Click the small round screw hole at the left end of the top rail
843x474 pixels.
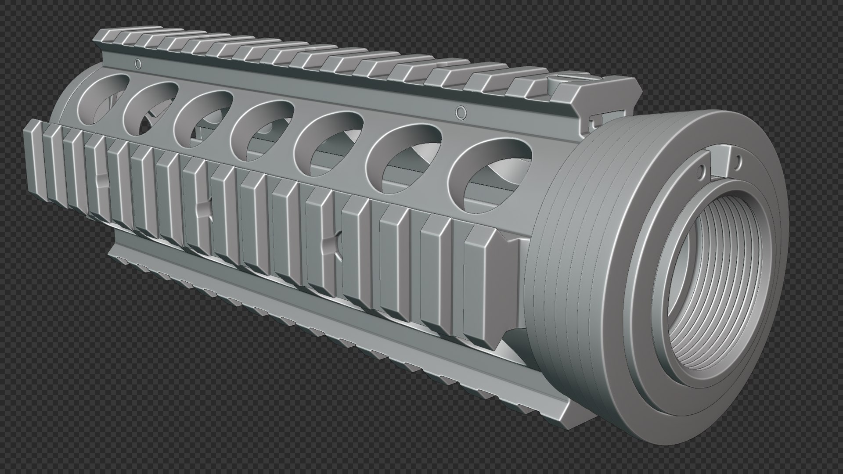pyautogui.click(x=138, y=64)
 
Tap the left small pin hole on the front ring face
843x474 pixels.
pyautogui.click(x=701, y=169)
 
